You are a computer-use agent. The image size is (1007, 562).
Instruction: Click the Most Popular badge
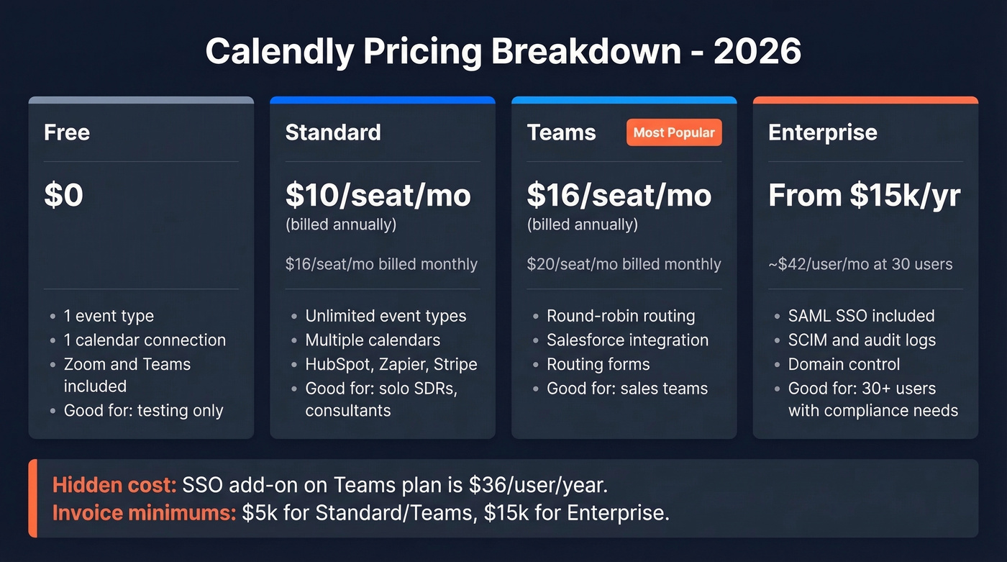(674, 132)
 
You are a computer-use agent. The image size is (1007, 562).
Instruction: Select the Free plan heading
(67, 132)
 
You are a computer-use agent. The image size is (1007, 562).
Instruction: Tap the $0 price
(64, 196)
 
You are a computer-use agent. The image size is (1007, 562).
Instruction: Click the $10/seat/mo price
(378, 196)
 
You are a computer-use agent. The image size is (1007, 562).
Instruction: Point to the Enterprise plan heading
(823, 132)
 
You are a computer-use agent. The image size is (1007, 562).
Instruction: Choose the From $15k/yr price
(864, 196)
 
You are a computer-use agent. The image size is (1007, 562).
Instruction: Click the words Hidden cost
(114, 485)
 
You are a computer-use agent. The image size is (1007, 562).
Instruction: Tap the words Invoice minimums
(144, 514)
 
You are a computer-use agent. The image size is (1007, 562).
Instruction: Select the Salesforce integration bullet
(627, 340)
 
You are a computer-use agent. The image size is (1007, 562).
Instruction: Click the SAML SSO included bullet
(861, 316)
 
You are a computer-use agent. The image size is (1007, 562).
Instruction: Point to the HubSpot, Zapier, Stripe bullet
(391, 364)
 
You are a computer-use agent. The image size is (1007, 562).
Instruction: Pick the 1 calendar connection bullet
(145, 340)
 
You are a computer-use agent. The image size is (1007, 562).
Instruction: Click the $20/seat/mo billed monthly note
(624, 264)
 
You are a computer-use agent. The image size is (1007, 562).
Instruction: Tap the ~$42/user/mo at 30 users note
(860, 264)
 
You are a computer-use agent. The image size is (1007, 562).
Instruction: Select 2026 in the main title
(757, 52)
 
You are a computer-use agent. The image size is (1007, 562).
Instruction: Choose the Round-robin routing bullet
(621, 316)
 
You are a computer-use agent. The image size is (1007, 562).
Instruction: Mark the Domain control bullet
(844, 364)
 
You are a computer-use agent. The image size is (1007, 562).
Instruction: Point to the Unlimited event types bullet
(386, 316)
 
